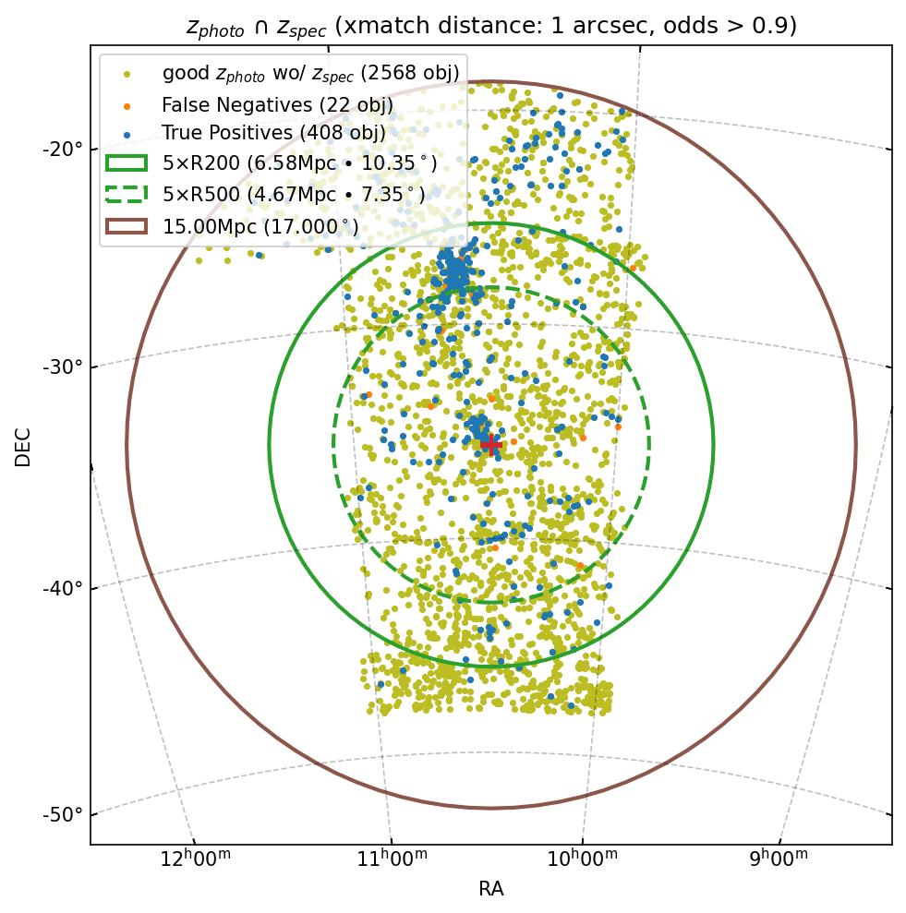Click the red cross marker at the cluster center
click(x=490, y=444)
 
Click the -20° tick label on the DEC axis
click(x=63, y=150)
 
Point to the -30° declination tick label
click(x=63, y=367)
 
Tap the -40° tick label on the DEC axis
click(x=63, y=589)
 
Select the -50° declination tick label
click(x=63, y=814)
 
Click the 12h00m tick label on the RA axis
click(x=196, y=859)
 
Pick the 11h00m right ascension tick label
click(x=393, y=859)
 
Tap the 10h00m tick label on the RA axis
click(x=584, y=859)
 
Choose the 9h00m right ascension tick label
click(x=777, y=859)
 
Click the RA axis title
click(x=490, y=889)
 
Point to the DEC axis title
click(x=23, y=446)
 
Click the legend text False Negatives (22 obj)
click(x=277, y=105)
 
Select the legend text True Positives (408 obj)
click(x=273, y=134)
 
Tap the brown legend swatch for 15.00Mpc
click(x=127, y=225)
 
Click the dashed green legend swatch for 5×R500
click(x=127, y=194)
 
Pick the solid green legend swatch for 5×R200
click(x=127, y=163)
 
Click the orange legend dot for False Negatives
click(x=127, y=105)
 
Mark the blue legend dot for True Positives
click(x=127, y=134)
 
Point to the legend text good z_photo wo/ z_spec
click(x=310, y=73)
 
